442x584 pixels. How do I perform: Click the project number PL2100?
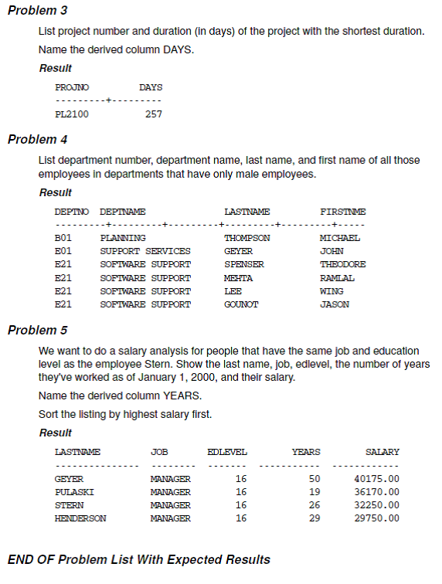71,115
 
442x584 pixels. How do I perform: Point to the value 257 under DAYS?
154,115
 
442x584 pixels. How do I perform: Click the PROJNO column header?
72,87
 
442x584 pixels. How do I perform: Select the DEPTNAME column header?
123,211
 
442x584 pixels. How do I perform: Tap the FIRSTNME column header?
342,211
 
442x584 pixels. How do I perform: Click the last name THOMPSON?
246,238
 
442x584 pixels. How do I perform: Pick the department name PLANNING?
123,238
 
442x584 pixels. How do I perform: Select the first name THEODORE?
342,264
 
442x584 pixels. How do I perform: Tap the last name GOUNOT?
241,304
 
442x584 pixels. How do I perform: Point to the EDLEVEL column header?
227,451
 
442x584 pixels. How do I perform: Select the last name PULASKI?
73,492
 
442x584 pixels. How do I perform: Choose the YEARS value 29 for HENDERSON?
314,518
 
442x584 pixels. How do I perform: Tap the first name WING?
331,291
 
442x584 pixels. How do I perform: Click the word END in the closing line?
21,559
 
